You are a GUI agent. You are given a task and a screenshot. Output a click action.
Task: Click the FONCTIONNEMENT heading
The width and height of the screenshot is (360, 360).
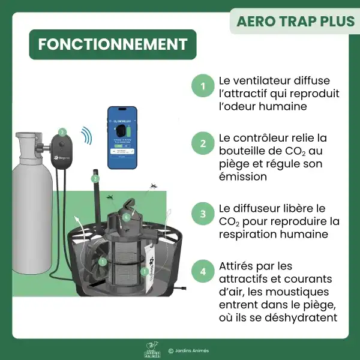[113, 45]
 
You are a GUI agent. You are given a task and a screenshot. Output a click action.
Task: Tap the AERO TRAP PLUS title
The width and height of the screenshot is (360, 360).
[295, 21]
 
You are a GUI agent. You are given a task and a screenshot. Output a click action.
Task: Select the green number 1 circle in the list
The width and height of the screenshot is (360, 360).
[203, 86]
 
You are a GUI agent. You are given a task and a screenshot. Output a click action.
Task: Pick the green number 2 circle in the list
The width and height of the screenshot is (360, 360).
[203, 144]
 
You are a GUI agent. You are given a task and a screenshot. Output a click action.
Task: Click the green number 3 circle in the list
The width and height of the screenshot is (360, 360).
[203, 214]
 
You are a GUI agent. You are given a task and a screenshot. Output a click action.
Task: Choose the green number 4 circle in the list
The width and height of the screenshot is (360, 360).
[203, 271]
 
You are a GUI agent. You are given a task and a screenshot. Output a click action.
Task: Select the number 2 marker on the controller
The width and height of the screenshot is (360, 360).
[62, 131]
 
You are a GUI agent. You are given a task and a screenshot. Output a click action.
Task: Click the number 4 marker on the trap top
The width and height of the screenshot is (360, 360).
[126, 217]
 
